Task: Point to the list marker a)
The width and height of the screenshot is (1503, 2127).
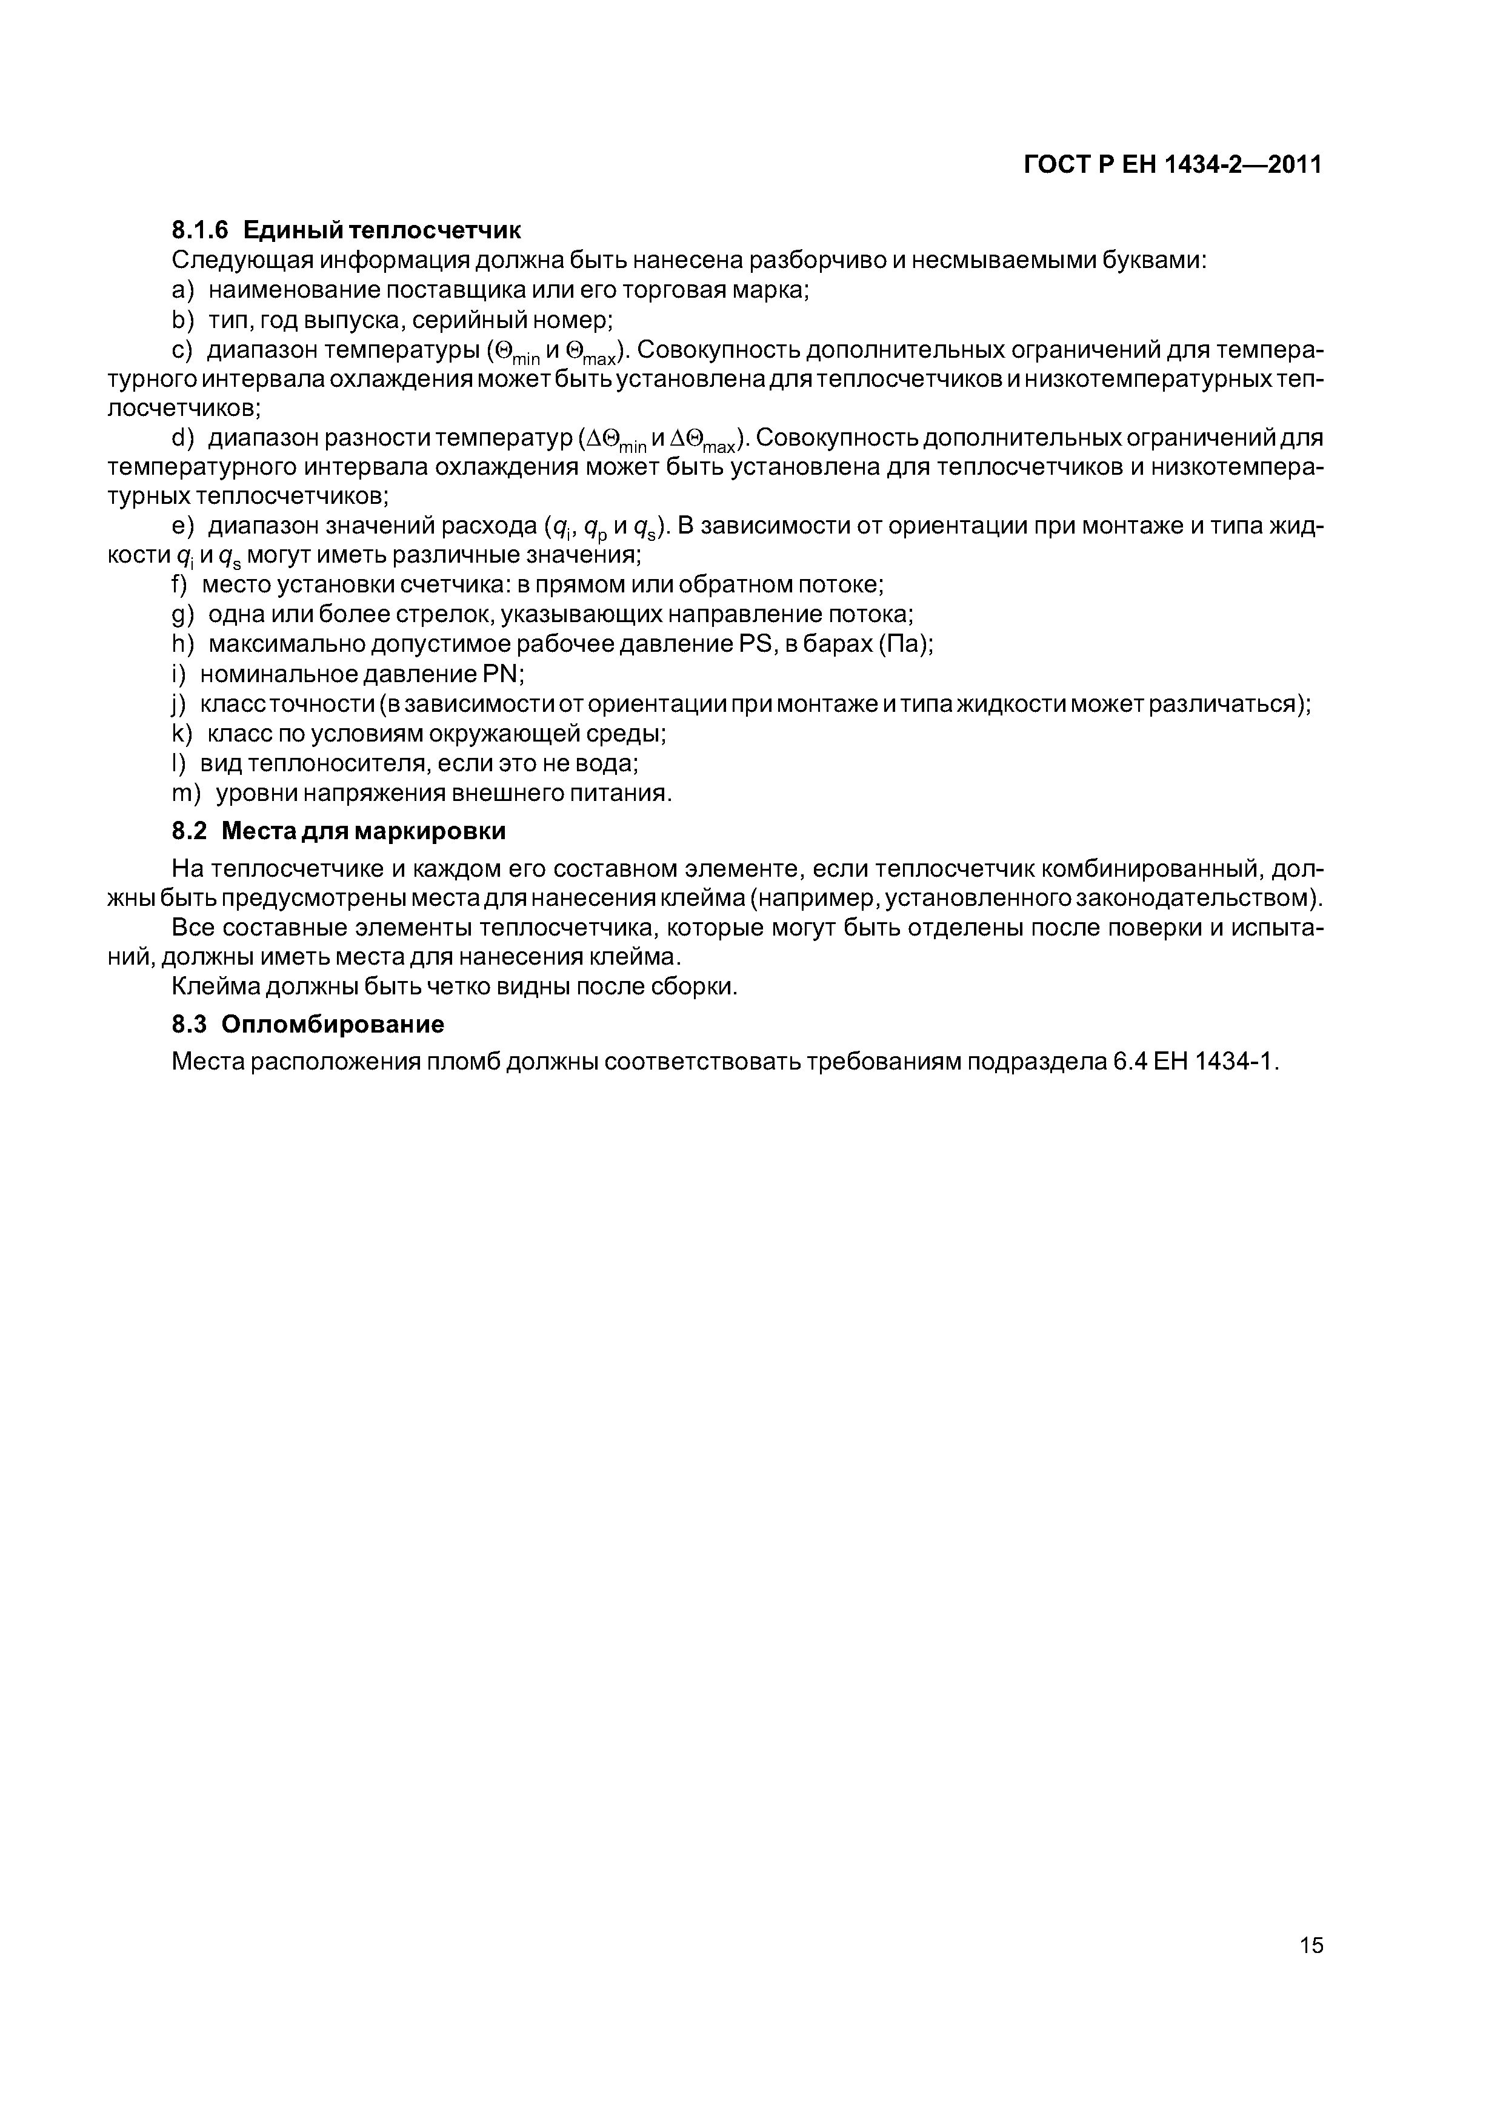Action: (184, 290)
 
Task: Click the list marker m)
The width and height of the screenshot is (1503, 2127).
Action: (188, 794)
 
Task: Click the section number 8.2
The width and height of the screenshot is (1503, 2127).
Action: (191, 832)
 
